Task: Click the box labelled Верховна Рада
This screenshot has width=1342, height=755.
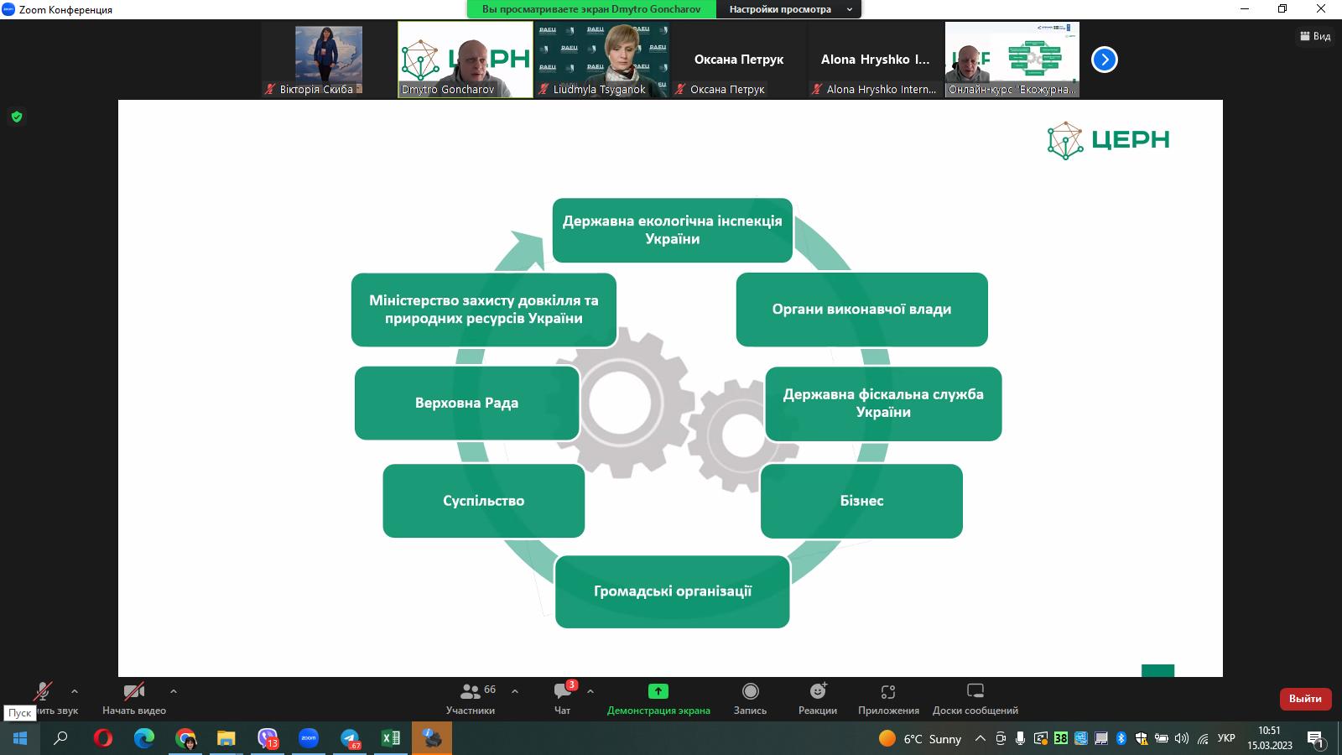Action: click(466, 403)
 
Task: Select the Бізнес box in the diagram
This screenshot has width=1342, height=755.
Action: click(861, 501)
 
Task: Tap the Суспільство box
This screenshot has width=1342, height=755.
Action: click(483, 501)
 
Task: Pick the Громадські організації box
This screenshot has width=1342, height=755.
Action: click(672, 591)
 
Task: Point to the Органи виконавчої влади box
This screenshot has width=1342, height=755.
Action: click(861, 309)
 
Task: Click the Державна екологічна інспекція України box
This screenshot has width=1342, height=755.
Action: click(672, 230)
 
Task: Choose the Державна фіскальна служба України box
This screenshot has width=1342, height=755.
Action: click(883, 404)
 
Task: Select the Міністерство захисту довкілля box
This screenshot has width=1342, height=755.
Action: click(483, 310)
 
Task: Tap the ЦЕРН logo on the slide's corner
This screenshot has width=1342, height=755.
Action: click(1108, 140)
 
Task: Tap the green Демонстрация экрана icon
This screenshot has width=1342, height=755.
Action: click(658, 691)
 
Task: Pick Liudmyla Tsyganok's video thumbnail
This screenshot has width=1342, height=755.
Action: click(601, 59)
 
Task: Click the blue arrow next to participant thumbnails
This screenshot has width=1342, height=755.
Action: click(1105, 60)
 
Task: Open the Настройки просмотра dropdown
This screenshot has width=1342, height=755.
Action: click(789, 9)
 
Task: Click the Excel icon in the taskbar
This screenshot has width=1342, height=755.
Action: click(391, 738)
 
